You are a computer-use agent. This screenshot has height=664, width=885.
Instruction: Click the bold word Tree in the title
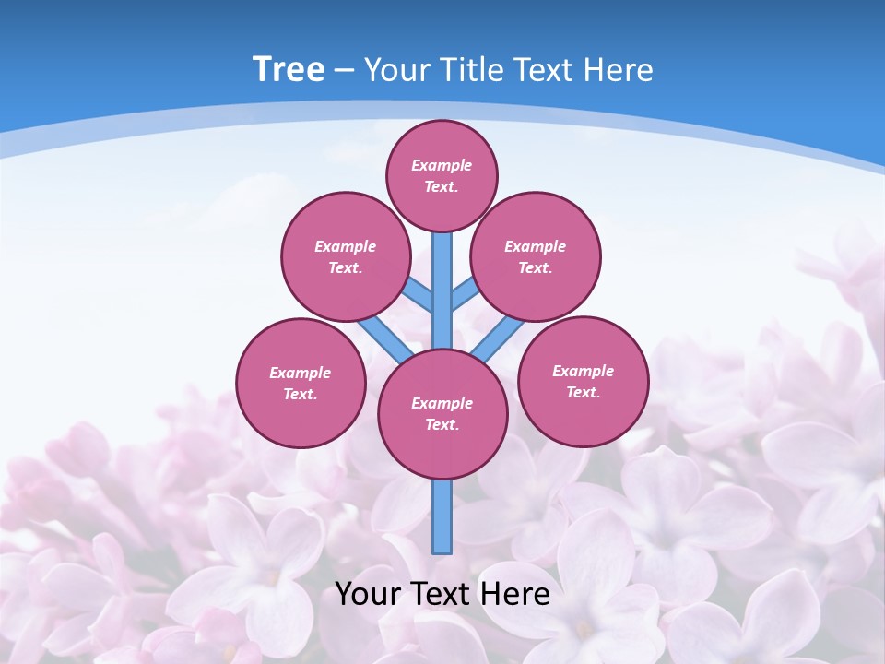pyautogui.click(x=289, y=69)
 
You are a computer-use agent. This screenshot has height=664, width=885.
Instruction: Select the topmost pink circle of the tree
pyautogui.click(x=442, y=175)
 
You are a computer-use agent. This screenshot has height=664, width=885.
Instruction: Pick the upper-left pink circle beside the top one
pyautogui.click(x=346, y=256)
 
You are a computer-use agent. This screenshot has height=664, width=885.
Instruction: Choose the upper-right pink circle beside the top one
pyautogui.click(x=536, y=256)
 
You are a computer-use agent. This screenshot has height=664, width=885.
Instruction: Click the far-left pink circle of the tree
pyautogui.click(x=301, y=383)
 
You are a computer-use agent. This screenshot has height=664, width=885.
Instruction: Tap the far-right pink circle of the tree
pyautogui.click(x=584, y=381)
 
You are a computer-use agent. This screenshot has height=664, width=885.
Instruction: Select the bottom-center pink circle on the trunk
pyautogui.click(x=442, y=413)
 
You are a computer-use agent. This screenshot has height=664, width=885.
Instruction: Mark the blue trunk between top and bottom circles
pyautogui.click(x=442, y=295)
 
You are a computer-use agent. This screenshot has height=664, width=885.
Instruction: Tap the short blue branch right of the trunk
pyautogui.click(x=466, y=292)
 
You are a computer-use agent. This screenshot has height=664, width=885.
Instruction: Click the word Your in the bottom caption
pyautogui.click(x=368, y=593)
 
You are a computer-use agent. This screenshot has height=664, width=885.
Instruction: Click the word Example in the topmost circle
pyautogui.click(x=442, y=165)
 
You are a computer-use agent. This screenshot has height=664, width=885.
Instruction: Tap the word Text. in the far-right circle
pyautogui.click(x=583, y=392)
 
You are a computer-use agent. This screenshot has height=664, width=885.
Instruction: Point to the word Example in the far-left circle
pyautogui.click(x=300, y=373)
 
